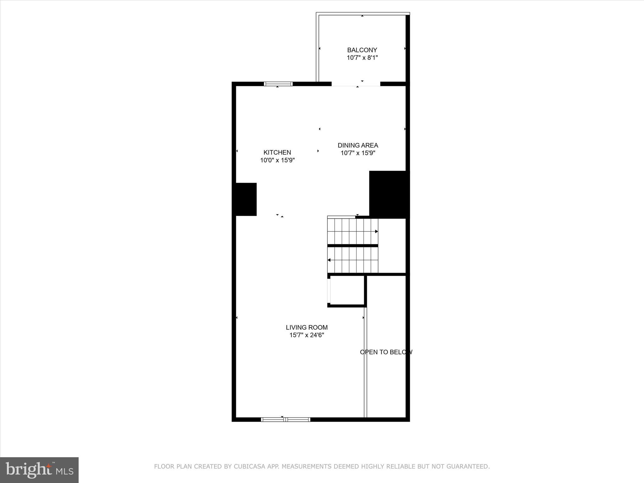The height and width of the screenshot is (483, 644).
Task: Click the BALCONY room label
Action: click(362, 50)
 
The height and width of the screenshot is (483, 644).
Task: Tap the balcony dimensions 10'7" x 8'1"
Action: click(362, 58)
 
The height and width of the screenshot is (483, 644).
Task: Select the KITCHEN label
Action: click(277, 153)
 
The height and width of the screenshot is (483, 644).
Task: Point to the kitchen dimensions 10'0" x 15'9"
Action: click(277, 160)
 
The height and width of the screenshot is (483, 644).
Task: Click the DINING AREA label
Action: click(358, 145)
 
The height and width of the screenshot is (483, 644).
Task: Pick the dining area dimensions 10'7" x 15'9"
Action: click(358, 153)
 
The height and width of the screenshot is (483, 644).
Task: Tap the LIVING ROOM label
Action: click(307, 327)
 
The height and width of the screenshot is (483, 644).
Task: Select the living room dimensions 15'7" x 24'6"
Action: click(307, 335)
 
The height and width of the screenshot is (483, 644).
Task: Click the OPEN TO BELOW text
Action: click(386, 352)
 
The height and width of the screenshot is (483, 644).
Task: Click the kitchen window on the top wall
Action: click(278, 84)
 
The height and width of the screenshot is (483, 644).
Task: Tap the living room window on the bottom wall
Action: click(286, 419)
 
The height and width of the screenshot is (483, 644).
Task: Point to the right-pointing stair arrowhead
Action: click(376, 231)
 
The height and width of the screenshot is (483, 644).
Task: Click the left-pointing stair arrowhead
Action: click(329, 260)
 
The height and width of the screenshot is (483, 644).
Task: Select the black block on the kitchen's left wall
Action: click(246, 199)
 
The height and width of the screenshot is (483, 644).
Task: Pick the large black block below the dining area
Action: click(389, 194)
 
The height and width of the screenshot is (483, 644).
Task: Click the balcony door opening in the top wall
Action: click(356, 84)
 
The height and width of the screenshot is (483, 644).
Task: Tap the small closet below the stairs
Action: click(347, 290)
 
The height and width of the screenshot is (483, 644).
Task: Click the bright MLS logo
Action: click(39, 470)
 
